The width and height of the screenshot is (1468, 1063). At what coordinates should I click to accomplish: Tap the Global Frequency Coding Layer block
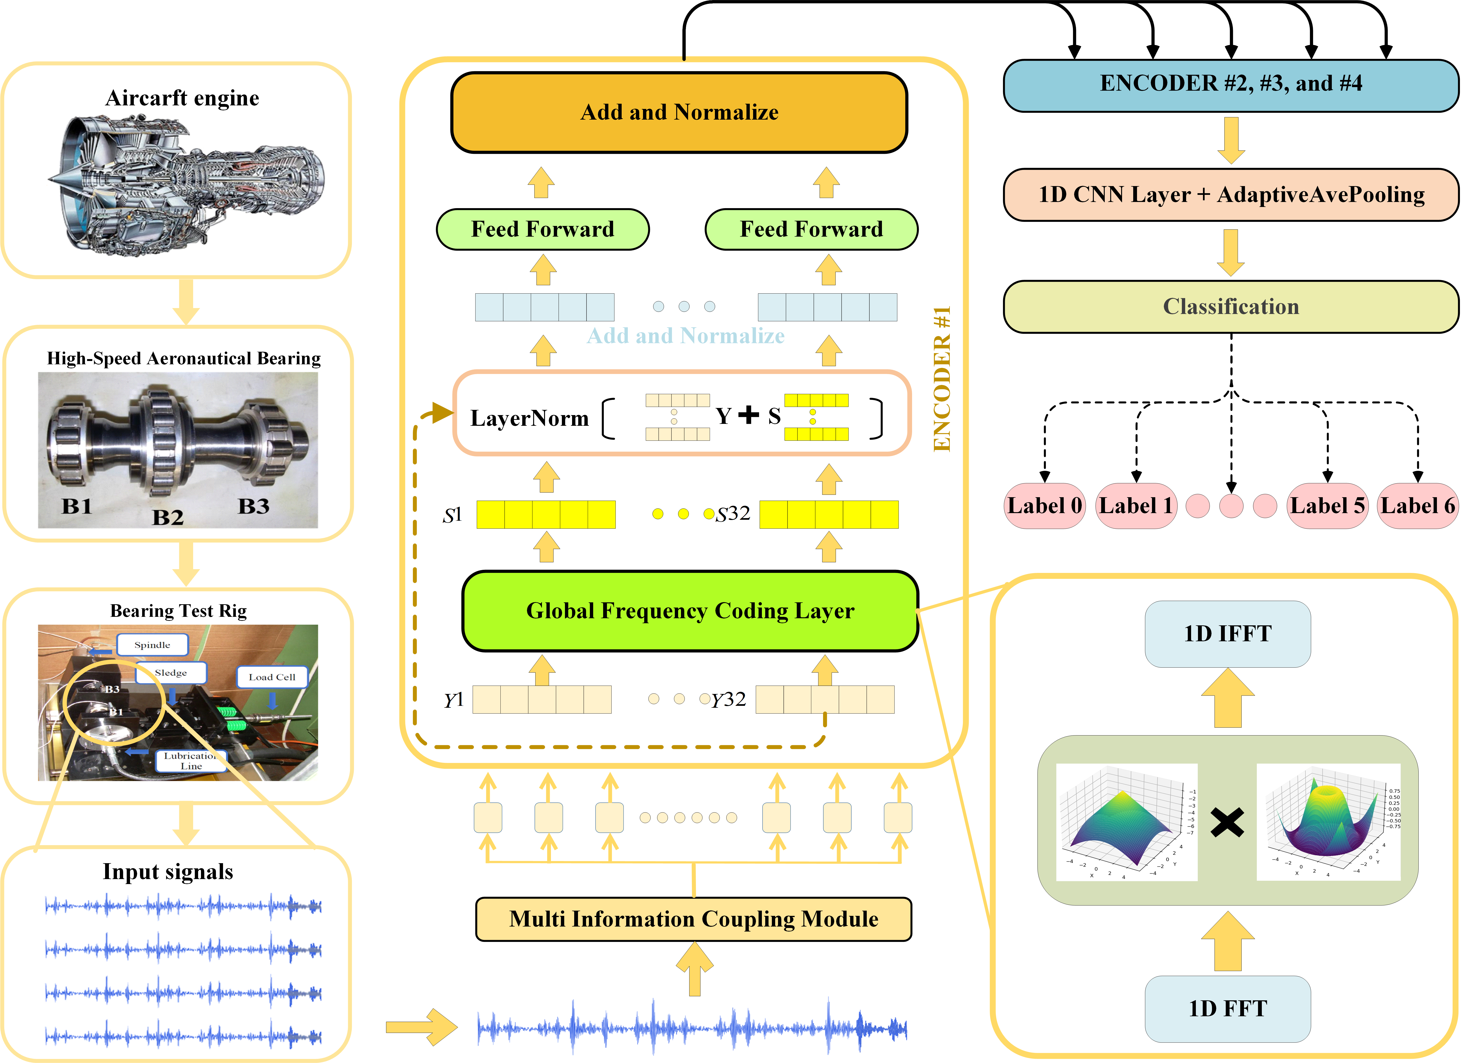[690, 611]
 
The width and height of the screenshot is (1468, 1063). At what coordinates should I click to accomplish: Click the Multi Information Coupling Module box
[693, 919]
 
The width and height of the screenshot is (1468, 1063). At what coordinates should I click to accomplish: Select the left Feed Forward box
[542, 229]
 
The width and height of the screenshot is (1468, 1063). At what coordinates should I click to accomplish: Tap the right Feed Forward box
[811, 229]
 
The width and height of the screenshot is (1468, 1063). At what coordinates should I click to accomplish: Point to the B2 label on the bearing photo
[168, 517]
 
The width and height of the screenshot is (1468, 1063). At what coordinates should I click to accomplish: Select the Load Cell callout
[272, 677]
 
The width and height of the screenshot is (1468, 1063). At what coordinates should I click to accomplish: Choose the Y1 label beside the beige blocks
[454, 700]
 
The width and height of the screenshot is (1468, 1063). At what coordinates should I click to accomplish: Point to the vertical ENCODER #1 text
[942, 379]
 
